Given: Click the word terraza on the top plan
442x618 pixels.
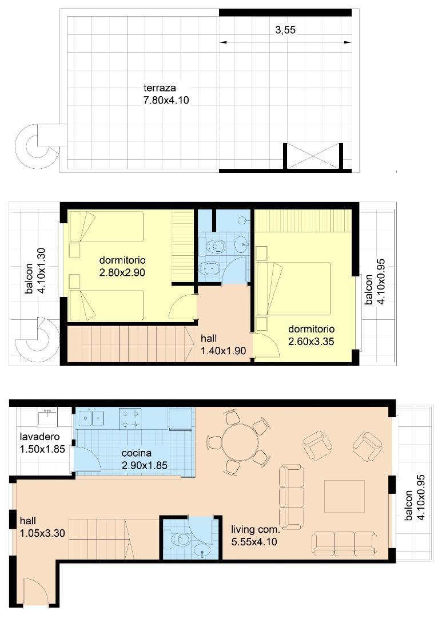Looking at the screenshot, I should click(x=160, y=88).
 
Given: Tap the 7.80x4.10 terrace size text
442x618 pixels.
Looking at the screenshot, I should click(x=166, y=100).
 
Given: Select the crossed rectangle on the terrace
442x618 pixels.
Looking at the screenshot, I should click(x=313, y=156).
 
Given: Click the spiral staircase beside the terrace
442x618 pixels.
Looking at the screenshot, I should click(x=37, y=144).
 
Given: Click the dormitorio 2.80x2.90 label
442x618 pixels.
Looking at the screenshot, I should click(x=122, y=267).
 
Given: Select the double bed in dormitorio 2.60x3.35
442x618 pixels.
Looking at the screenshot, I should click(x=294, y=288).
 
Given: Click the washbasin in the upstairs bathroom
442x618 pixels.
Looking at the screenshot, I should click(x=242, y=244).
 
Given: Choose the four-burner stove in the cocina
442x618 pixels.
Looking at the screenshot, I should click(x=130, y=418).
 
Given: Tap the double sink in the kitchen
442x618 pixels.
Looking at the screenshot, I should click(x=91, y=418).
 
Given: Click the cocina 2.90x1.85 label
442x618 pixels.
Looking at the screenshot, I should click(x=144, y=459).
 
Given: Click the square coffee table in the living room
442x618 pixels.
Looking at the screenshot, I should click(x=344, y=496).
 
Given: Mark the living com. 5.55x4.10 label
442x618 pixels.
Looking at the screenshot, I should click(x=254, y=535).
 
